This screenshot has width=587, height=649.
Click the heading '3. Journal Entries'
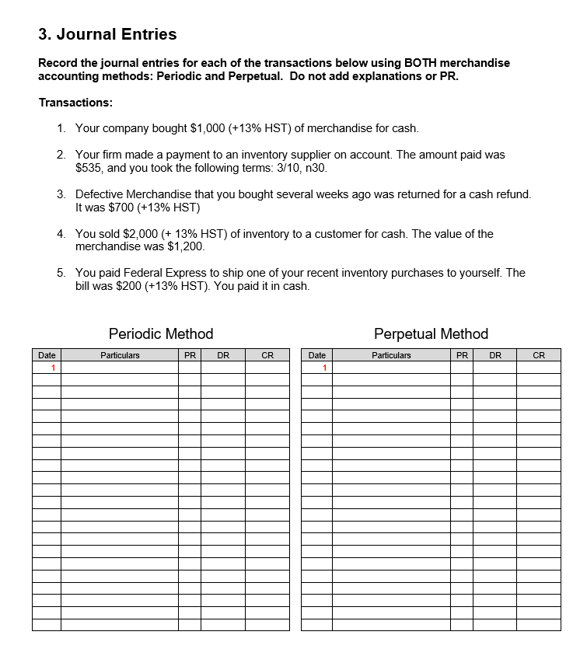tap(107, 34)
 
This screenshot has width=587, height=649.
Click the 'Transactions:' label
tap(75, 103)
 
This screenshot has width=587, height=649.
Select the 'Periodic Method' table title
tap(161, 333)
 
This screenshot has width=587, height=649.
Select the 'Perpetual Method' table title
tap(431, 333)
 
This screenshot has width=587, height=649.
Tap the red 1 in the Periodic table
tap(53, 368)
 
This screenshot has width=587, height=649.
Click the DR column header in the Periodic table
tap(222, 355)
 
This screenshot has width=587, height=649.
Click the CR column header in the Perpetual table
tap(538, 355)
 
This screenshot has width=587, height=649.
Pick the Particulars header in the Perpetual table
tap(390, 355)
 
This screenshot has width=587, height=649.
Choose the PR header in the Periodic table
tap(190, 355)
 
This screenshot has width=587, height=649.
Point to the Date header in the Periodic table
tap(47, 355)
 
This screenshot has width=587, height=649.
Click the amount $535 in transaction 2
tap(89, 167)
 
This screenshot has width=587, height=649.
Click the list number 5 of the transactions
tap(61, 273)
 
